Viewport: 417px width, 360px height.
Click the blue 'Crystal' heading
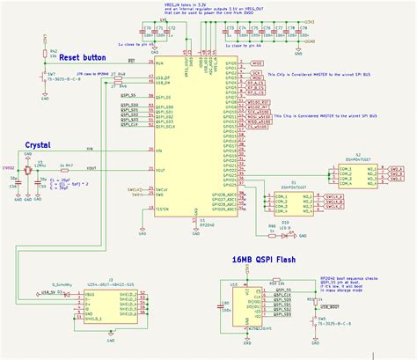click(x=43, y=143)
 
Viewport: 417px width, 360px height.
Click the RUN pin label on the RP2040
click(x=159, y=63)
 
